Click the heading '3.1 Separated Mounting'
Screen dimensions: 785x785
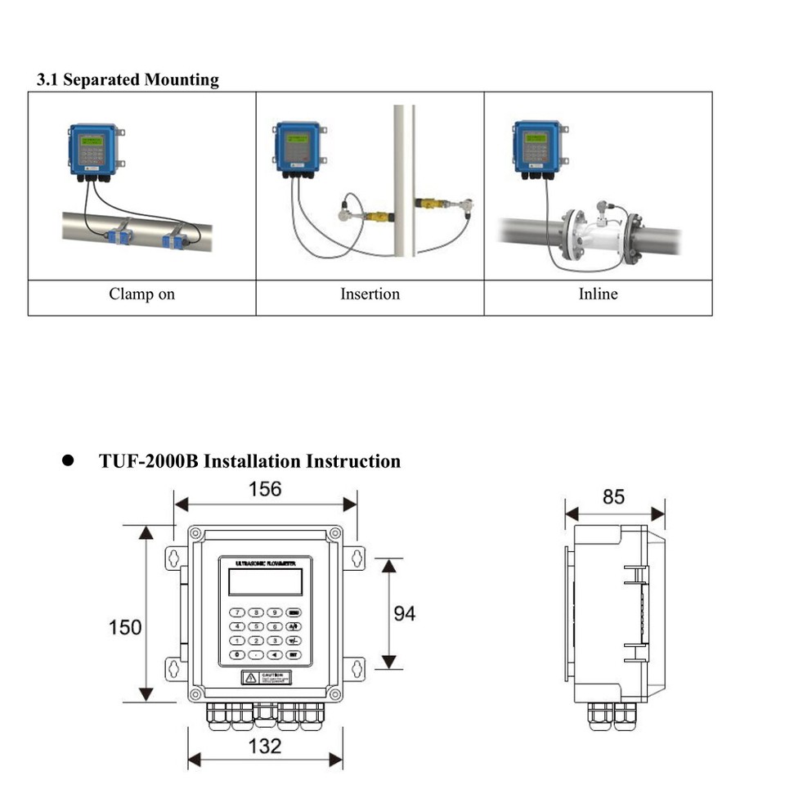128,80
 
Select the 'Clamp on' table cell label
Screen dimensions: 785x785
141,294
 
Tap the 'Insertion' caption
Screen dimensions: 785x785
370,294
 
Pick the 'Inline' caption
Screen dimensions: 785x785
598,294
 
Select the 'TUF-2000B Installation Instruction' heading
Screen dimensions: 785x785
249,461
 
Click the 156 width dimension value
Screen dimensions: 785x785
264,489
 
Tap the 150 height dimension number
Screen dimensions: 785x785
125,628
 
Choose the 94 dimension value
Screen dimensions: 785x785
404,613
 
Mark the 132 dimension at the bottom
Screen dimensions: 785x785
264,746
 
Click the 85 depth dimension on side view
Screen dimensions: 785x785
613,496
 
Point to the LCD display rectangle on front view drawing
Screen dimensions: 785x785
266,582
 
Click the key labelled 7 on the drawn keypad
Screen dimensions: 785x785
237,612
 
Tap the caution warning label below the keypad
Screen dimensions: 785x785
266,677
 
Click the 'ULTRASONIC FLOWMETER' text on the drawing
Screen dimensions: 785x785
266,564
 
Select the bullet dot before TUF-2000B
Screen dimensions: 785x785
69,461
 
